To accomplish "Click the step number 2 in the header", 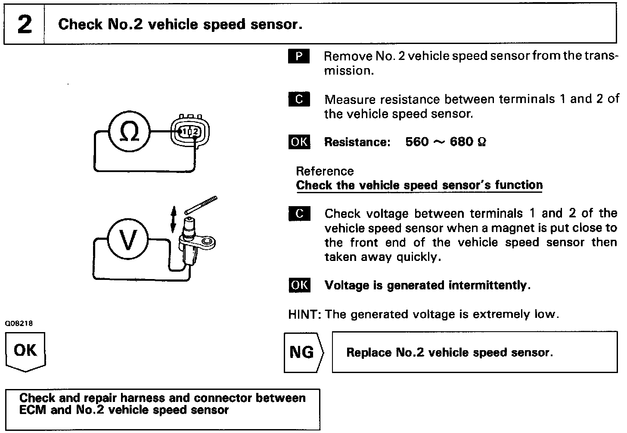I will (x=25, y=24).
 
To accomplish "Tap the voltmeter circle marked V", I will (x=127, y=240).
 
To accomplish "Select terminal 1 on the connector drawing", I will (x=184, y=131).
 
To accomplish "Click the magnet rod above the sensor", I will (x=201, y=205).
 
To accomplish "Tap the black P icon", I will (x=299, y=56).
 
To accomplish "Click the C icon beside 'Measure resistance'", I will (x=299, y=100).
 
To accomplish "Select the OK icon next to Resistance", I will (x=299, y=142).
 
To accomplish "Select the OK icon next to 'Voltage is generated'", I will (x=299, y=285).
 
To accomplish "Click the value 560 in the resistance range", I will (x=417, y=142).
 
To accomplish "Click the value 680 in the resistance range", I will (x=461, y=142).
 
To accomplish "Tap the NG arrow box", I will (x=303, y=352).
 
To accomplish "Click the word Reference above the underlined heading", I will (x=325, y=171).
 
